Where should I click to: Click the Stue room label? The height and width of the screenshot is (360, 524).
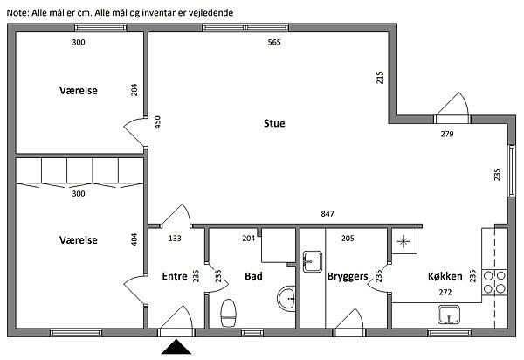274,123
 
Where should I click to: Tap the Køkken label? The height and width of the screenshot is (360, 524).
445,276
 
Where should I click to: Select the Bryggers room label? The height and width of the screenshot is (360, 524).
348,276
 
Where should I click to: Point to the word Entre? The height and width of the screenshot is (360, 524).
175,276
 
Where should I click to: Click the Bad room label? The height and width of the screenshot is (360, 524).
253,276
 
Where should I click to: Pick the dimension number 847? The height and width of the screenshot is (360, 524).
327,213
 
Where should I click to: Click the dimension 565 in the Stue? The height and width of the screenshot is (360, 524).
274,42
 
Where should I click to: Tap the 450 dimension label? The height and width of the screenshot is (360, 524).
157,122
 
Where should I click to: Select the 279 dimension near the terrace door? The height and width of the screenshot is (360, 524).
447,134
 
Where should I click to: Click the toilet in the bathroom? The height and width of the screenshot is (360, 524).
229,313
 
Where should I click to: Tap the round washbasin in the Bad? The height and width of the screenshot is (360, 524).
286,299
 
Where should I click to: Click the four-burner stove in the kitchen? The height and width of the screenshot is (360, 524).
494,281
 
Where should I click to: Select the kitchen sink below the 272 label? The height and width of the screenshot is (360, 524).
449,315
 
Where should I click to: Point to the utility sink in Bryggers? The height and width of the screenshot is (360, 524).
313,261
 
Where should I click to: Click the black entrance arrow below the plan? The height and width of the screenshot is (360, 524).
176,347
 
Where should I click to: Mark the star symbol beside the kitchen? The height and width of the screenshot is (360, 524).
403,241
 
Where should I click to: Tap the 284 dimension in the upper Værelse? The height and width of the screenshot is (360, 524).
134,90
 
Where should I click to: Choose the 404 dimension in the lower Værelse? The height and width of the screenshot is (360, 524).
134,239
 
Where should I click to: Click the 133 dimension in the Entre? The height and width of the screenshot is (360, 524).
175,239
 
